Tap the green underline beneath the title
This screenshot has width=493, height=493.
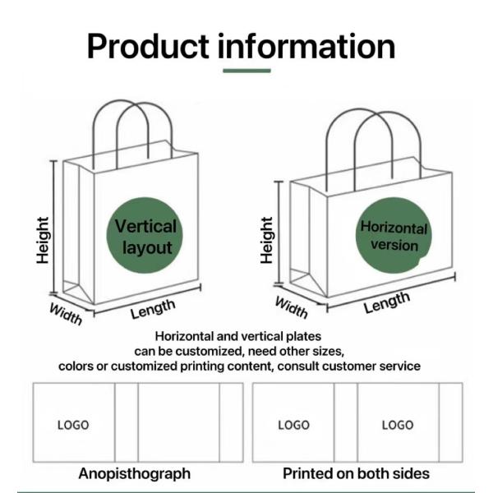pos(246,71)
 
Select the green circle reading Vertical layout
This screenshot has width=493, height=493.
pos(145,236)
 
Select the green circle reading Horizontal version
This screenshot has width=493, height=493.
pos(394,236)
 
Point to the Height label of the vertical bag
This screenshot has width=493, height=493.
pos(44,240)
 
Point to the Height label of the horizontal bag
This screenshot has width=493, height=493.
pos(266,240)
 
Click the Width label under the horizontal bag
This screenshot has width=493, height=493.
pos(291,307)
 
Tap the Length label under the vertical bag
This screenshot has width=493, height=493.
pos(153,309)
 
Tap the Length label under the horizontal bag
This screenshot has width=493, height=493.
pos(386,303)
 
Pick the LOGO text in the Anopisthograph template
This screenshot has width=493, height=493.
pos(73,425)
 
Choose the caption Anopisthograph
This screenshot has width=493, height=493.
pos(134,473)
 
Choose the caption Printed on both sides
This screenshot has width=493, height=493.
pos(356,473)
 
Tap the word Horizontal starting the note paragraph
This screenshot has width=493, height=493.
pos(185,336)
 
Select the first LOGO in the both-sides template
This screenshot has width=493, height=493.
pos(293,425)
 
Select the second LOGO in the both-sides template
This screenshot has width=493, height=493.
pos(397,425)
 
